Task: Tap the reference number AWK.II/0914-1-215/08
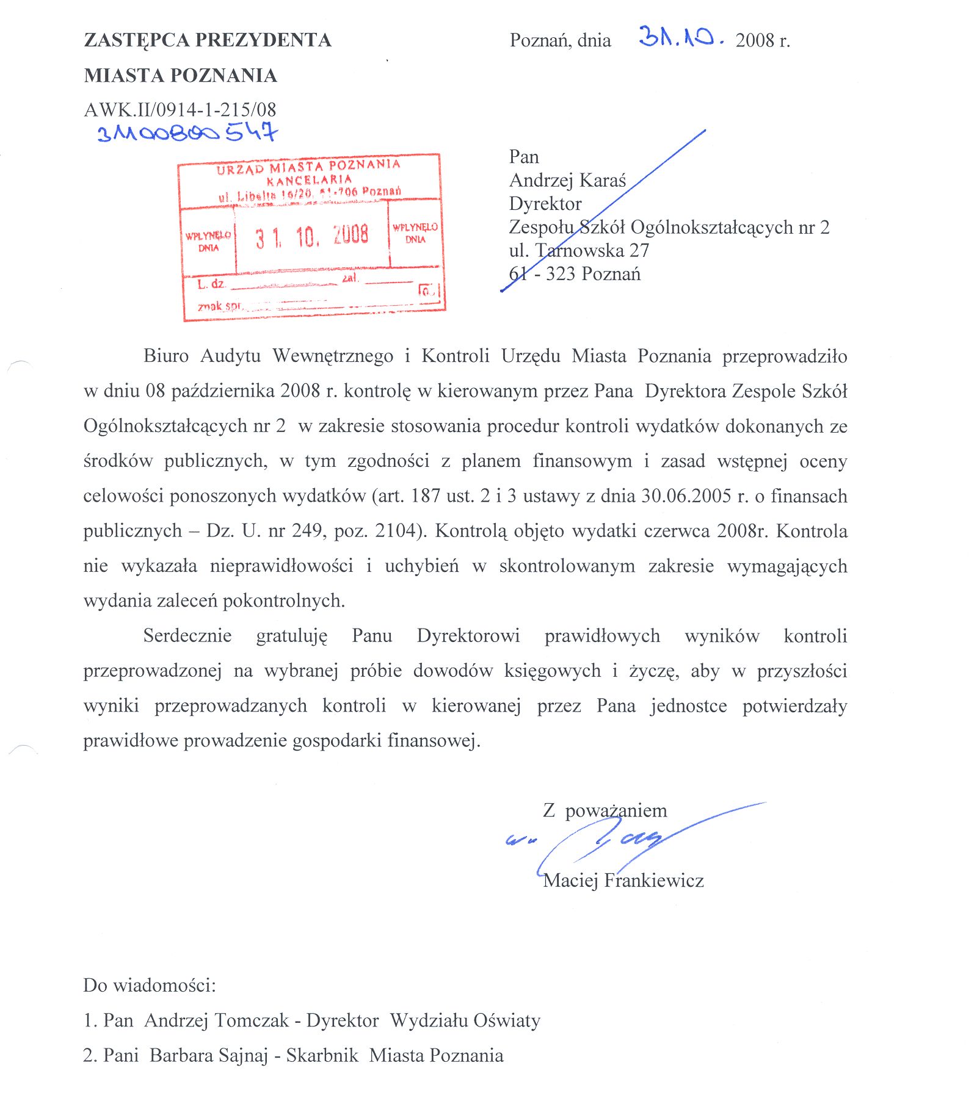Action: pyautogui.click(x=180, y=110)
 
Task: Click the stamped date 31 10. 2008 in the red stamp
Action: pyautogui.click(x=312, y=236)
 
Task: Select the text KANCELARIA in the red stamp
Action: pyautogui.click(x=310, y=180)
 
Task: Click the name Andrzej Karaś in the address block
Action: pyautogui.click(x=567, y=181)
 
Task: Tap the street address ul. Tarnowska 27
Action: pyautogui.click(x=579, y=250)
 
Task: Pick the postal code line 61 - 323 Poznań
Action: pyautogui.click(x=575, y=274)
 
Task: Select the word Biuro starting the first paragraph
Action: pyautogui.click(x=166, y=356)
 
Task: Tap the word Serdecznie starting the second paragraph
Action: pyautogui.click(x=187, y=636)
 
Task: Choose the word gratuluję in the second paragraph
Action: pyautogui.click(x=292, y=637)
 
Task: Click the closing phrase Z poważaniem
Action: pyautogui.click(x=605, y=810)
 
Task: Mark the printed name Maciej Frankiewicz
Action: pyautogui.click(x=623, y=880)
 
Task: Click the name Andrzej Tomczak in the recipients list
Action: pyautogui.click(x=217, y=1020)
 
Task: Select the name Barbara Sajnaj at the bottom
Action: pyautogui.click(x=209, y=1055)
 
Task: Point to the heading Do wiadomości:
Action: pyautogui.click(x=150, y=986)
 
